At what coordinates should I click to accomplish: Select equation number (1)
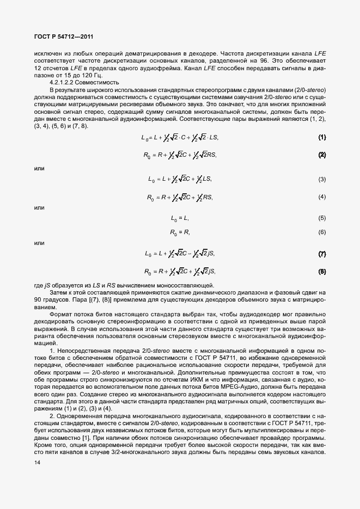coord(322,137)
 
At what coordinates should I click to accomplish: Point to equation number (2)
coord(322,155)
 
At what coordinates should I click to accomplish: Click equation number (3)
coord(322,179)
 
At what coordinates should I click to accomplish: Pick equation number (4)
coord(322,197)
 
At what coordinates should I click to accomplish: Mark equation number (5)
coord(322,218)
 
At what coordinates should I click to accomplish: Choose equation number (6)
coord(322,232)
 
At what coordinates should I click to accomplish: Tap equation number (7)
coord(322,254)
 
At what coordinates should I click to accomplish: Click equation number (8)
coord(322,271)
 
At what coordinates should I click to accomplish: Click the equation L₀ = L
coord(180,218)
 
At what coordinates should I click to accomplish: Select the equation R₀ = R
coord(180,232)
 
